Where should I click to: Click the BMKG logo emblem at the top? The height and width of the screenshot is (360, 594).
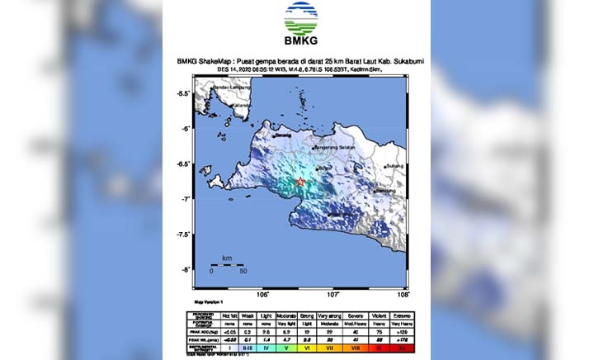pos(300,18)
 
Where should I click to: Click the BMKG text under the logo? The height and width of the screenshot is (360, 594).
pos(300,42)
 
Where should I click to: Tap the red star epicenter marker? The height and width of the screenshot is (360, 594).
pos(300,182)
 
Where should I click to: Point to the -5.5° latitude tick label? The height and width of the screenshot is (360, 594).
pos(185,93)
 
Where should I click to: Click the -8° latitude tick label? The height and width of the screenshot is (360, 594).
pos(185,269)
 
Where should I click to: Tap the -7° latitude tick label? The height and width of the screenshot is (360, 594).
pos(185,199)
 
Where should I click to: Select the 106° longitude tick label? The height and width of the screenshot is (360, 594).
pos(263,293)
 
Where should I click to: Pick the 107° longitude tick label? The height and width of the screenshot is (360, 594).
pos(333,293)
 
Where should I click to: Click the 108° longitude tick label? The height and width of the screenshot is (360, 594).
pos(403,293)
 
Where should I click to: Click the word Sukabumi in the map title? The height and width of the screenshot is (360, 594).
pos(390,61)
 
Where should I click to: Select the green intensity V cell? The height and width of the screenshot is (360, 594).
pos(285,348)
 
